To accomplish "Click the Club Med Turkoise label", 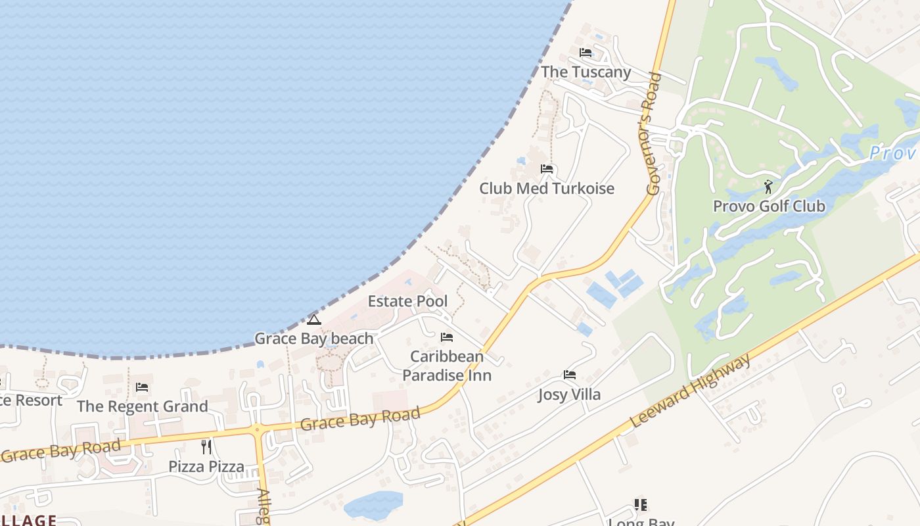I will (x=547, y=189).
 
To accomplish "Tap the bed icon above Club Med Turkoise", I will (x=547, y=169).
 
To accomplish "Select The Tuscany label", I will (x=586, y=72).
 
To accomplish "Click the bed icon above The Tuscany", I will (x=586, y=53).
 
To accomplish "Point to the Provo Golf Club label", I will (x=769, y=206).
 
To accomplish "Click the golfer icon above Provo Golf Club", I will (x=768, y=187).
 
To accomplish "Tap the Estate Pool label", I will (x=407, y=302).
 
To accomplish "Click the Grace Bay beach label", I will (x=314, y=339).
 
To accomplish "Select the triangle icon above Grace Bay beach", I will (x=314, y=320).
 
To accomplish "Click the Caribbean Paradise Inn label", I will (x=447, y=366).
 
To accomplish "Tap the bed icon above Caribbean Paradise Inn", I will (x=447, y=337).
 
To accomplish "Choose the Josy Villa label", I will (x=569, y=395).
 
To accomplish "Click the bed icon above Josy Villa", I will (x=570, y=375).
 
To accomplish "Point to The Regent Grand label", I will (x=142, y=407).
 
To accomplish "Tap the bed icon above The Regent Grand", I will (x=142, y=387).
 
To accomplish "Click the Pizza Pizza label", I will (x=206, y=467).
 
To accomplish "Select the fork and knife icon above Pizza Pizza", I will (x=206, y=447).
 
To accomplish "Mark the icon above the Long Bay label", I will (x=641, y=505).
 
